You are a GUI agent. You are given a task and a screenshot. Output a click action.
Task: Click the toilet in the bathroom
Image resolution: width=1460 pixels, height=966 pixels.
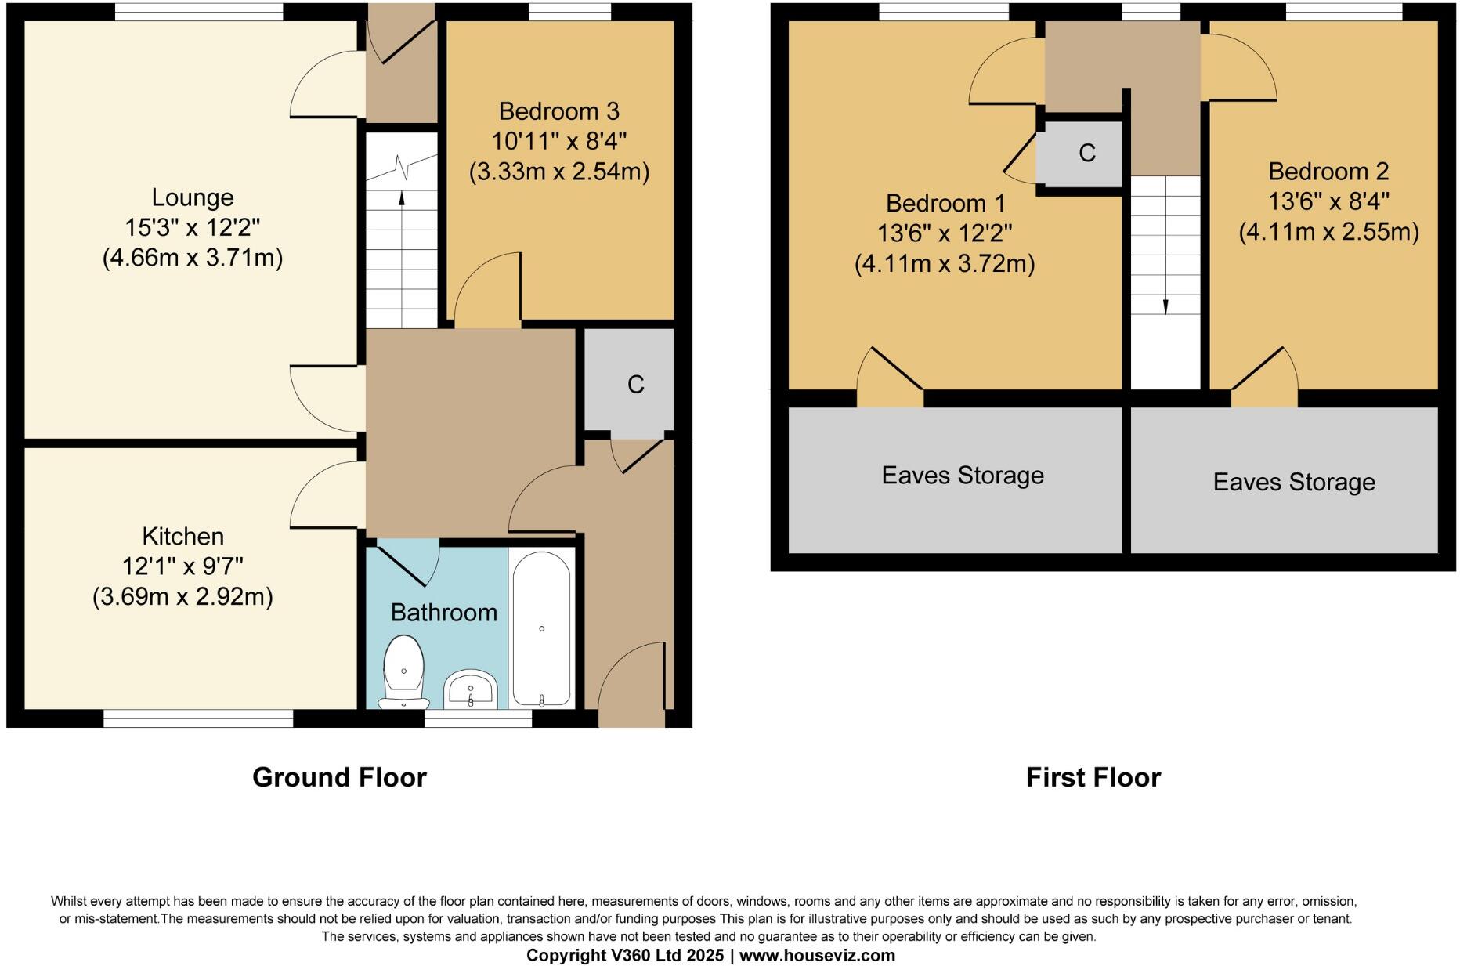coord(403,671)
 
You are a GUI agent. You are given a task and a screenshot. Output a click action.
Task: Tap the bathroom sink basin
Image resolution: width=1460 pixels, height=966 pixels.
coord(470,690)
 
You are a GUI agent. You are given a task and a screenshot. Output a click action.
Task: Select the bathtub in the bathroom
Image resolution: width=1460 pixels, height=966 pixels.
coord(541,628)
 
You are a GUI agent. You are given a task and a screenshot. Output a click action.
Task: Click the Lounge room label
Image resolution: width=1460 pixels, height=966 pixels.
coord(193,197)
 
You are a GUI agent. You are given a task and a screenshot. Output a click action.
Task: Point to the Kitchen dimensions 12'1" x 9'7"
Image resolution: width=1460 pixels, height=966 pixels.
coord(182,566)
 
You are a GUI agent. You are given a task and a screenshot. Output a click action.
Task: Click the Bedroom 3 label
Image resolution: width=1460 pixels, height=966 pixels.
coord(558,111)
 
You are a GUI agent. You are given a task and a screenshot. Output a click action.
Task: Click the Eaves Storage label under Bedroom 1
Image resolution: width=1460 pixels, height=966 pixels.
coord(963,476)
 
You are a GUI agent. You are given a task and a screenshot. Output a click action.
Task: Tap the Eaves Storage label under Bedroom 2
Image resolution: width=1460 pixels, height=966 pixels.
coord(1294,482)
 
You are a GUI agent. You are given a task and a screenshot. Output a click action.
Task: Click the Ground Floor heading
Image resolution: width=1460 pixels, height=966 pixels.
coord(339,777)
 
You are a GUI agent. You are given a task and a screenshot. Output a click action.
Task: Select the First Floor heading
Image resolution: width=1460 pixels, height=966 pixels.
coord(1093,777)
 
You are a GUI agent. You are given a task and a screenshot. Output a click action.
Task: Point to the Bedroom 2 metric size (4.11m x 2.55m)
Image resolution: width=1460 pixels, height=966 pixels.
coord(1328,232)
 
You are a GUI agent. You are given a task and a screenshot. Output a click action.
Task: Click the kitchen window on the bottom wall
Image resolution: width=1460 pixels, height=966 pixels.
coord(198,718)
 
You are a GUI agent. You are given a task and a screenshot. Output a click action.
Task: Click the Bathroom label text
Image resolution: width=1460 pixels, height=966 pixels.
coord(443,612)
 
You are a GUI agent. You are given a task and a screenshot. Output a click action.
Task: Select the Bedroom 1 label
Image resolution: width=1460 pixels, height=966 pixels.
coord(945,204)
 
